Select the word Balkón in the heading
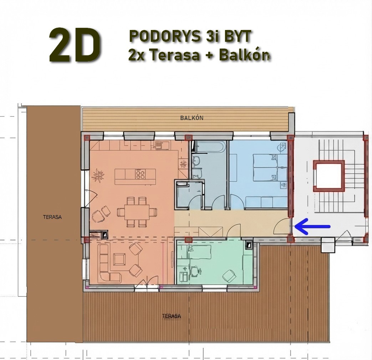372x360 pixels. (x=244, y=55)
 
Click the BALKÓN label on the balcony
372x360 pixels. (x=192, y=118)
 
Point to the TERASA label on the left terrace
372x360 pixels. (x=52, y=217)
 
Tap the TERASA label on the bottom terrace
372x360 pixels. (x=172, y=316)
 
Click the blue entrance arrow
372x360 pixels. (x=312, y=226)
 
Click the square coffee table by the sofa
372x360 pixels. (x=119, y=259)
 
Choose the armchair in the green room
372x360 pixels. (x=229, y=275)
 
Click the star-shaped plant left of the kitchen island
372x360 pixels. (x=98, y=175)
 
